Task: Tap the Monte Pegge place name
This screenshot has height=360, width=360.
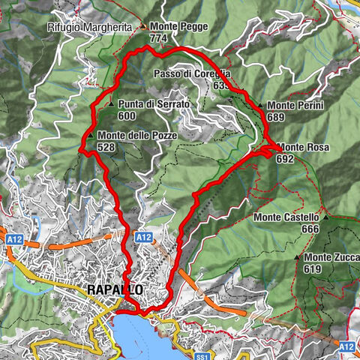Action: click(178, 25)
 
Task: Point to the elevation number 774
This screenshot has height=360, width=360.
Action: click(158, 37)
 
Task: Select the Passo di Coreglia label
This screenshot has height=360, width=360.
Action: click(191, 74)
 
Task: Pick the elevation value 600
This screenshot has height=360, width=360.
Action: click(127, 116)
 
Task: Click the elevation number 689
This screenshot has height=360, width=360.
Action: click(277, 118)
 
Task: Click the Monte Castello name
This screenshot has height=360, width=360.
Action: click(286, 217)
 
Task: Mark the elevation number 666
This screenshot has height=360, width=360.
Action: click(310, 229)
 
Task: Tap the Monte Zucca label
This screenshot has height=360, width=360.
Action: click(332, 257)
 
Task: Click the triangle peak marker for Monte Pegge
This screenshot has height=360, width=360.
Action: click(143, 25)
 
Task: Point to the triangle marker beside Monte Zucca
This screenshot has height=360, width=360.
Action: click(298, 257)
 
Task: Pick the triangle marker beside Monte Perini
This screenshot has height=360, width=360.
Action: click(260, 106)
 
